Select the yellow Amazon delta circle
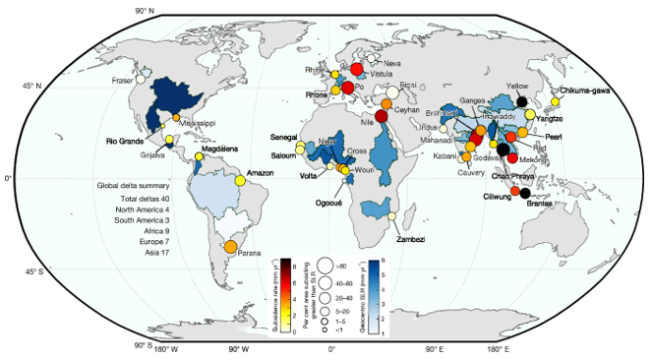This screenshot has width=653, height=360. tap(240, 180)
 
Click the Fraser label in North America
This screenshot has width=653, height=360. tap(123, 81)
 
